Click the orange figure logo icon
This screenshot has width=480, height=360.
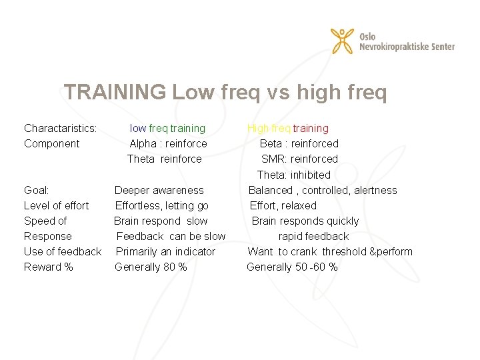[x=343, y=41]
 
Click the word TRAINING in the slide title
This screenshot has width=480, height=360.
[x=115, y=93]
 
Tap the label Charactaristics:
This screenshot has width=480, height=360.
[x=61, y=128]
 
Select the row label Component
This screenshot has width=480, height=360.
[x=51, y=143]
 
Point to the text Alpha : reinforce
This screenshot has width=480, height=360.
[x=168, y=143]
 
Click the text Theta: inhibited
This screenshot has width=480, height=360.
[x=293, y=175]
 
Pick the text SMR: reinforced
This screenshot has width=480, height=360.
[x=299, y=159]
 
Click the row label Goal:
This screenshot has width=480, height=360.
[x=36, y=190]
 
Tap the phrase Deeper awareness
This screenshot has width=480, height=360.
[x=159, y=190]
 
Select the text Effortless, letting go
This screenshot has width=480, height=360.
[x=161, y=205]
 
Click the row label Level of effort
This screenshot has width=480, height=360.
[x=56, y=205]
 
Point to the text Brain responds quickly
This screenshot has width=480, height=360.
[x=305, y=221]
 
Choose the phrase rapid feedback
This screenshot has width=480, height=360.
[x=313, y=236]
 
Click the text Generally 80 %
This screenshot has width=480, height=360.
[x=151, y=267]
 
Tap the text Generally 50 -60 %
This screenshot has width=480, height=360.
[x=292, y=267]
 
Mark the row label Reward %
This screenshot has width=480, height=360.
[x=49, y=267]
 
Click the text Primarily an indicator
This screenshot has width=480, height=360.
[x=165, y=251]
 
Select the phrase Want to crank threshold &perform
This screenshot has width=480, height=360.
[x=330, y=251]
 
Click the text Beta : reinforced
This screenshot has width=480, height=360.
[x=299, y=143]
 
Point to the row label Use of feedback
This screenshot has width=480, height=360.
[x=63, y=251]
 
